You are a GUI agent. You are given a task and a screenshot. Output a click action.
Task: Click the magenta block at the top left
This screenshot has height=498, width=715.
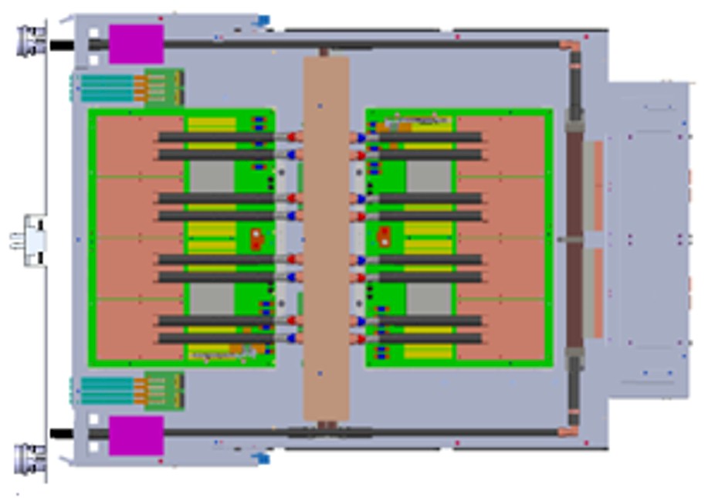tap(136, 44)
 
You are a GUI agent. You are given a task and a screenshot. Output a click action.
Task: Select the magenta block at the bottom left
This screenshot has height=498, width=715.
tap(136, 435)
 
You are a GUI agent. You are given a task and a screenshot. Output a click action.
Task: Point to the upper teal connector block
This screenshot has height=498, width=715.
tap(107, 88)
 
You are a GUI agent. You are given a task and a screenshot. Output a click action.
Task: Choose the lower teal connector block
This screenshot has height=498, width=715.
tap(107, 391)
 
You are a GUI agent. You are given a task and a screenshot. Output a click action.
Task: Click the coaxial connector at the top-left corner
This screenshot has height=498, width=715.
tap(32, 40)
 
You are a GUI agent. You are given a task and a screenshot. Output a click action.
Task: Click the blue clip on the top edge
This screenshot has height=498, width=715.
tap(263, 21)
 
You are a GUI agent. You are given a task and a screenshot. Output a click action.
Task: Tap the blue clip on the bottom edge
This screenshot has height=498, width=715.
tap(263, 459)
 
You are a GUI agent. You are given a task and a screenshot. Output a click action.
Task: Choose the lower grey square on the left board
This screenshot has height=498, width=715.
tap(212, 299)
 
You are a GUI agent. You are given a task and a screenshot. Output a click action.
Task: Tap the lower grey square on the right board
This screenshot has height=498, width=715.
tap(429, 299)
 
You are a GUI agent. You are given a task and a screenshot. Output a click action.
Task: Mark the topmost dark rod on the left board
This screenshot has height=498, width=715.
tap(216, 137)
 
